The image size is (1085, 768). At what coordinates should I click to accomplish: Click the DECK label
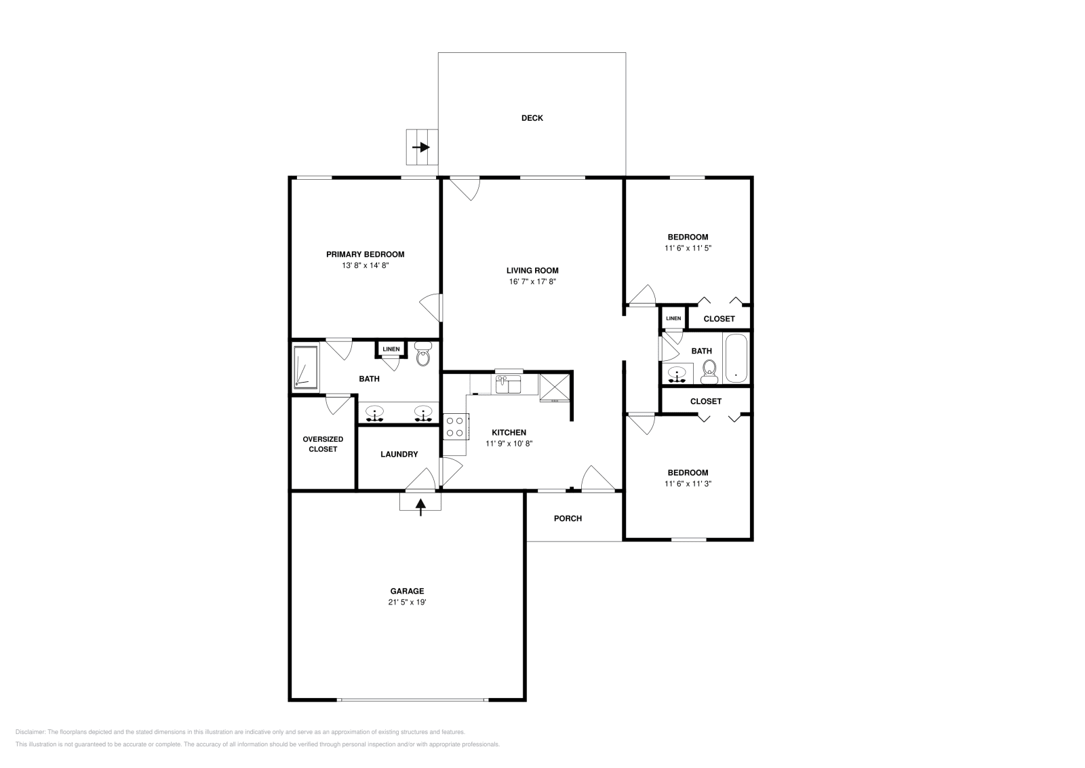click(x=532, y=118)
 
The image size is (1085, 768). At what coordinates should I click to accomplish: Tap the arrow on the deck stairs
click(x=421, y=147)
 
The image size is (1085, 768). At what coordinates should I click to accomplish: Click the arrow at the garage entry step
click(x=420, y=506)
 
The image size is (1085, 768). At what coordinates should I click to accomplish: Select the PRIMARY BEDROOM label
click(x=365, y=254)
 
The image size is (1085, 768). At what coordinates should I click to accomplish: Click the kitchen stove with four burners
click(x=455, y=427)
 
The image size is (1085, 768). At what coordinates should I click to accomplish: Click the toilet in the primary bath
click(x=422, y=355)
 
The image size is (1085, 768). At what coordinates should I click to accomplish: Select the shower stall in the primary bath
click(x=306, y=368)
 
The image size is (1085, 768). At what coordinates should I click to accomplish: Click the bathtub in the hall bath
click(x=736, y=358)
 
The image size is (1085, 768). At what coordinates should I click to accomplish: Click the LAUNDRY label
click(x=399, y=455)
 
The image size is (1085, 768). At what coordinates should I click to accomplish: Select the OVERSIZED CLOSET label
click(x=323, y=444)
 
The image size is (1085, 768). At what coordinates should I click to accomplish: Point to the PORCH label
click(x=568, y=518)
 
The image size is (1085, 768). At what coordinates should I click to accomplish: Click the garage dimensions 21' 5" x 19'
click(x=407, y=602)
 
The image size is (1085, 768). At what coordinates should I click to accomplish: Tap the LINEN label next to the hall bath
click(x=673, y=318)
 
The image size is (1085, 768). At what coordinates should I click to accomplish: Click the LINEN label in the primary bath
click(x=391, y=349)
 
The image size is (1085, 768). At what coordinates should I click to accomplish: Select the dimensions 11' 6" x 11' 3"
click(x=688, y=484)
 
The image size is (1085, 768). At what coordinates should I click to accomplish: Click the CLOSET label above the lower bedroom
click(x=705, y=401)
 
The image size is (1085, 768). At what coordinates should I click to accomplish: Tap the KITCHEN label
click(x=509, y=432)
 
